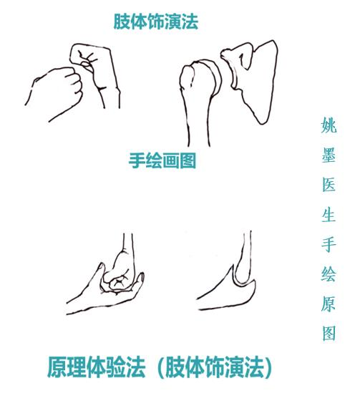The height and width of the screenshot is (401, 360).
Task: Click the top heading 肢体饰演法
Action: click(156, 21)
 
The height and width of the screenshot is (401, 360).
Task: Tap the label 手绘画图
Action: click(162, 160)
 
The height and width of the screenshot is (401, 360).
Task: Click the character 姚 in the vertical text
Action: click(329, 125)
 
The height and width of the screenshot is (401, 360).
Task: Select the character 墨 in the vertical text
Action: click(329, 155)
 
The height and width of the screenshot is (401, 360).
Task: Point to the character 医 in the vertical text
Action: click(329, 185)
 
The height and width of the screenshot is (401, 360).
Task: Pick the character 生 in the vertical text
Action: click(329, 215)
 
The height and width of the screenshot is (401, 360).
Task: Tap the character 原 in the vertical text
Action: click(329, 304)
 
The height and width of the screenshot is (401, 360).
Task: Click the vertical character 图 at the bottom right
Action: click(329, 333)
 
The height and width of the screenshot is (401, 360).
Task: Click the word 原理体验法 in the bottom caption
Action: click(97, 367)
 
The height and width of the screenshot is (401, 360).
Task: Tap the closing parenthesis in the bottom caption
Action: click(268, 368)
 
